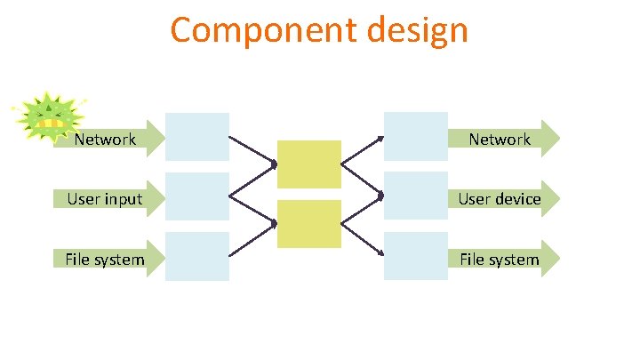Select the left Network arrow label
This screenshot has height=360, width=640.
point(105,139)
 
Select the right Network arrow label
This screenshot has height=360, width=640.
point(500,139)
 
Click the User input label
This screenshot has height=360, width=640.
point(105,198)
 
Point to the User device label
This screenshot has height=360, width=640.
point(500,198)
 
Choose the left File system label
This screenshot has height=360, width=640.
point(105,260)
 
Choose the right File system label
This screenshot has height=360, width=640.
point(500,260)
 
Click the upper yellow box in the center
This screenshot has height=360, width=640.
point(308,164)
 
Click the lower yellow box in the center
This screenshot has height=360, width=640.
point(308,224)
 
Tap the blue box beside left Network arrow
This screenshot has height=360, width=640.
point(197,136)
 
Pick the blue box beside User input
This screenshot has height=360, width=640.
point(197,196)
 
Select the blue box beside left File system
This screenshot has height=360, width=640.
point(197,256)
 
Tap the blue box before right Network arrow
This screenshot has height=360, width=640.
point(415,136)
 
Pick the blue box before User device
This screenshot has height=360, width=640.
point(415,196)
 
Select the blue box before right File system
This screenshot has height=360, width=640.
point(415,256)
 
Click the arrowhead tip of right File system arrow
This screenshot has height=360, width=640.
point(559,259)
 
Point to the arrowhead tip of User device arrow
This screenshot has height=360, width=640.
point(559,198)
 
